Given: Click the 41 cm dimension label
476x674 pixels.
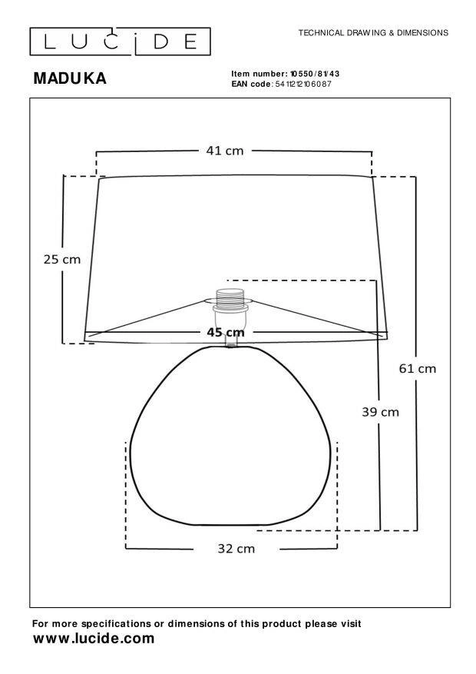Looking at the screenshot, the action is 224,151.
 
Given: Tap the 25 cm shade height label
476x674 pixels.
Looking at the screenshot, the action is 62,260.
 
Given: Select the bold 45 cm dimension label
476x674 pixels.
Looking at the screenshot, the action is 226,332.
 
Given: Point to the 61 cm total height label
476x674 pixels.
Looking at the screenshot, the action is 417,369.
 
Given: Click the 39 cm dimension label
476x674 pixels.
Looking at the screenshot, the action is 380,412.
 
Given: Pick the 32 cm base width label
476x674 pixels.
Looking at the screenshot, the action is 236,549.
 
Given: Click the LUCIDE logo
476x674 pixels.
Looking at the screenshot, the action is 121,42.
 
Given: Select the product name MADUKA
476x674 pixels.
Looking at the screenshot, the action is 70,78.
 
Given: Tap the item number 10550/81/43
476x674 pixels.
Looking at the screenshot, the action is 315,74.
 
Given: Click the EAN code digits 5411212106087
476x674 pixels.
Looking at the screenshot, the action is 303,85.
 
